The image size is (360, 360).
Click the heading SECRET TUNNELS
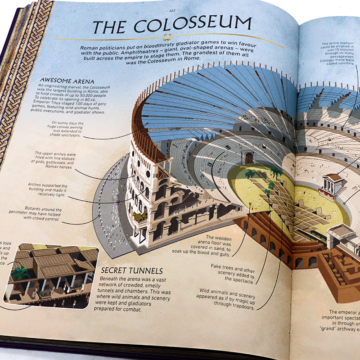131,271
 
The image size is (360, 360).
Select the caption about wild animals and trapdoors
229,299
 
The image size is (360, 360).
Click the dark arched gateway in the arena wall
248,157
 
